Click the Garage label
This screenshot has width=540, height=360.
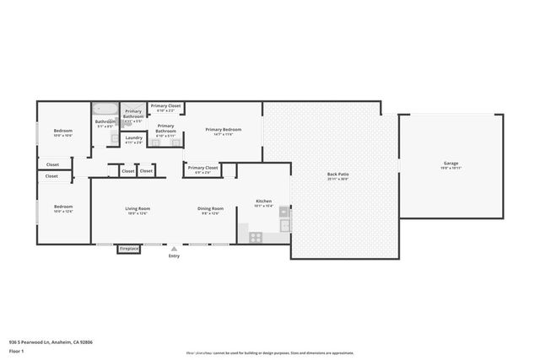451,163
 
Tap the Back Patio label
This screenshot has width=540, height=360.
337,175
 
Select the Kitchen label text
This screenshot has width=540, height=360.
264,201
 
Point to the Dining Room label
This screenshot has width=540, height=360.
210,208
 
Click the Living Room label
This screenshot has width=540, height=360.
138,208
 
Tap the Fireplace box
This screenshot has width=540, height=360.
129,249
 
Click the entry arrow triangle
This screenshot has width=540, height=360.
174,250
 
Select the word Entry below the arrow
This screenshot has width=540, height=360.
174,256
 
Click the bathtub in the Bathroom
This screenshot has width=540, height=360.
105,109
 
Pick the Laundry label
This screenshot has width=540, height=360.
133,137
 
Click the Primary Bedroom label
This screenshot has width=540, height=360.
224,129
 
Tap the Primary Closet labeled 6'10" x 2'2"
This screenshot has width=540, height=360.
165,106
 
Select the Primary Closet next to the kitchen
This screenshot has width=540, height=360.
202,168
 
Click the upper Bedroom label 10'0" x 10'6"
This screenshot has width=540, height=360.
63,131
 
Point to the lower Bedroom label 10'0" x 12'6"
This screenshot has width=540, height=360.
63,207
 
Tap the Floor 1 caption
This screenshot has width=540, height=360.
16,327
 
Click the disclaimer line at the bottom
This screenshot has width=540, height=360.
269,353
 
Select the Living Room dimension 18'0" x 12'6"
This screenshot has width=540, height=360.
138,213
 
